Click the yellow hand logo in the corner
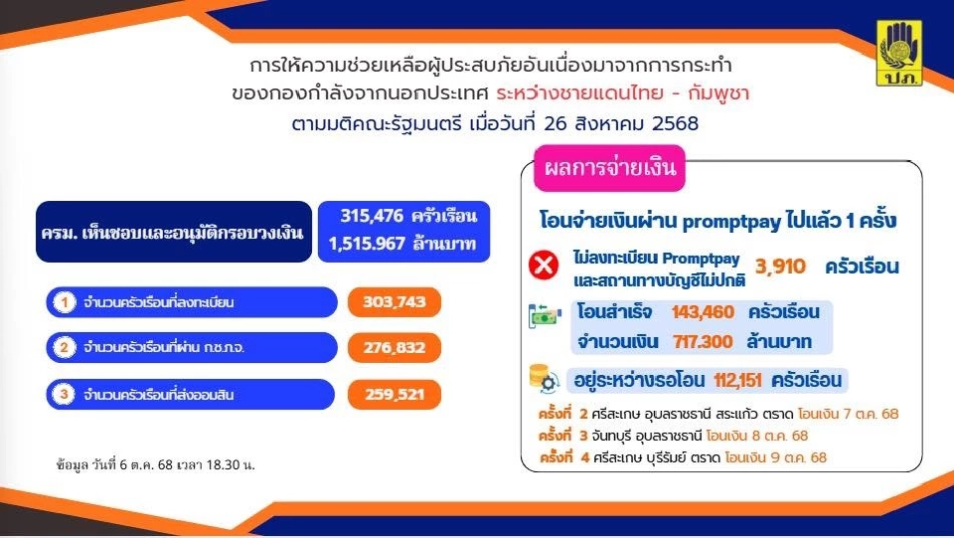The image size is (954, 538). (x=900, y=53)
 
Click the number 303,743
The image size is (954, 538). (x=395, y=302)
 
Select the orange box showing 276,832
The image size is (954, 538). (x=395, y=347)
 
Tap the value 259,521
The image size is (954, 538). (x=395, y=394)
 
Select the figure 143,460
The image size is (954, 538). (x=703, y=312)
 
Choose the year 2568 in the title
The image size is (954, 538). (x=668, y=125)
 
